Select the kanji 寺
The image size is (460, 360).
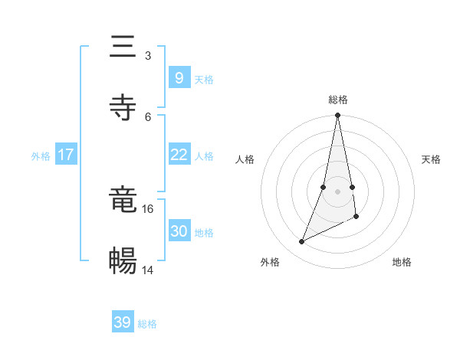[123, 108]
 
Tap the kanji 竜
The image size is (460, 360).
[123, 201]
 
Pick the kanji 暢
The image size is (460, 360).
[123, 261]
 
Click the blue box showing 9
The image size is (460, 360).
[179, 78]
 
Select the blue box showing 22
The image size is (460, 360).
[179, 155]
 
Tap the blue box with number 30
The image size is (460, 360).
[179, 231]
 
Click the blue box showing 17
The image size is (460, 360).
[66, 155]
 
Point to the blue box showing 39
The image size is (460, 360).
[123, 322]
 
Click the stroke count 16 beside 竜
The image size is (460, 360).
[148, 208]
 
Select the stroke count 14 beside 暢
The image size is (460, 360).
[148, 270]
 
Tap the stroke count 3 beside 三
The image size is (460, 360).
[148, 55]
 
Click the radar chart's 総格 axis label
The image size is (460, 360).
[338, 100]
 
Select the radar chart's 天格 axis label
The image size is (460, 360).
[431, 159]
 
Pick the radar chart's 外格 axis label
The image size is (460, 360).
[270, 262]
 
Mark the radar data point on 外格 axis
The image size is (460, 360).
[302, 242]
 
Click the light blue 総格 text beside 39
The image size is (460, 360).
[147, 324]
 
